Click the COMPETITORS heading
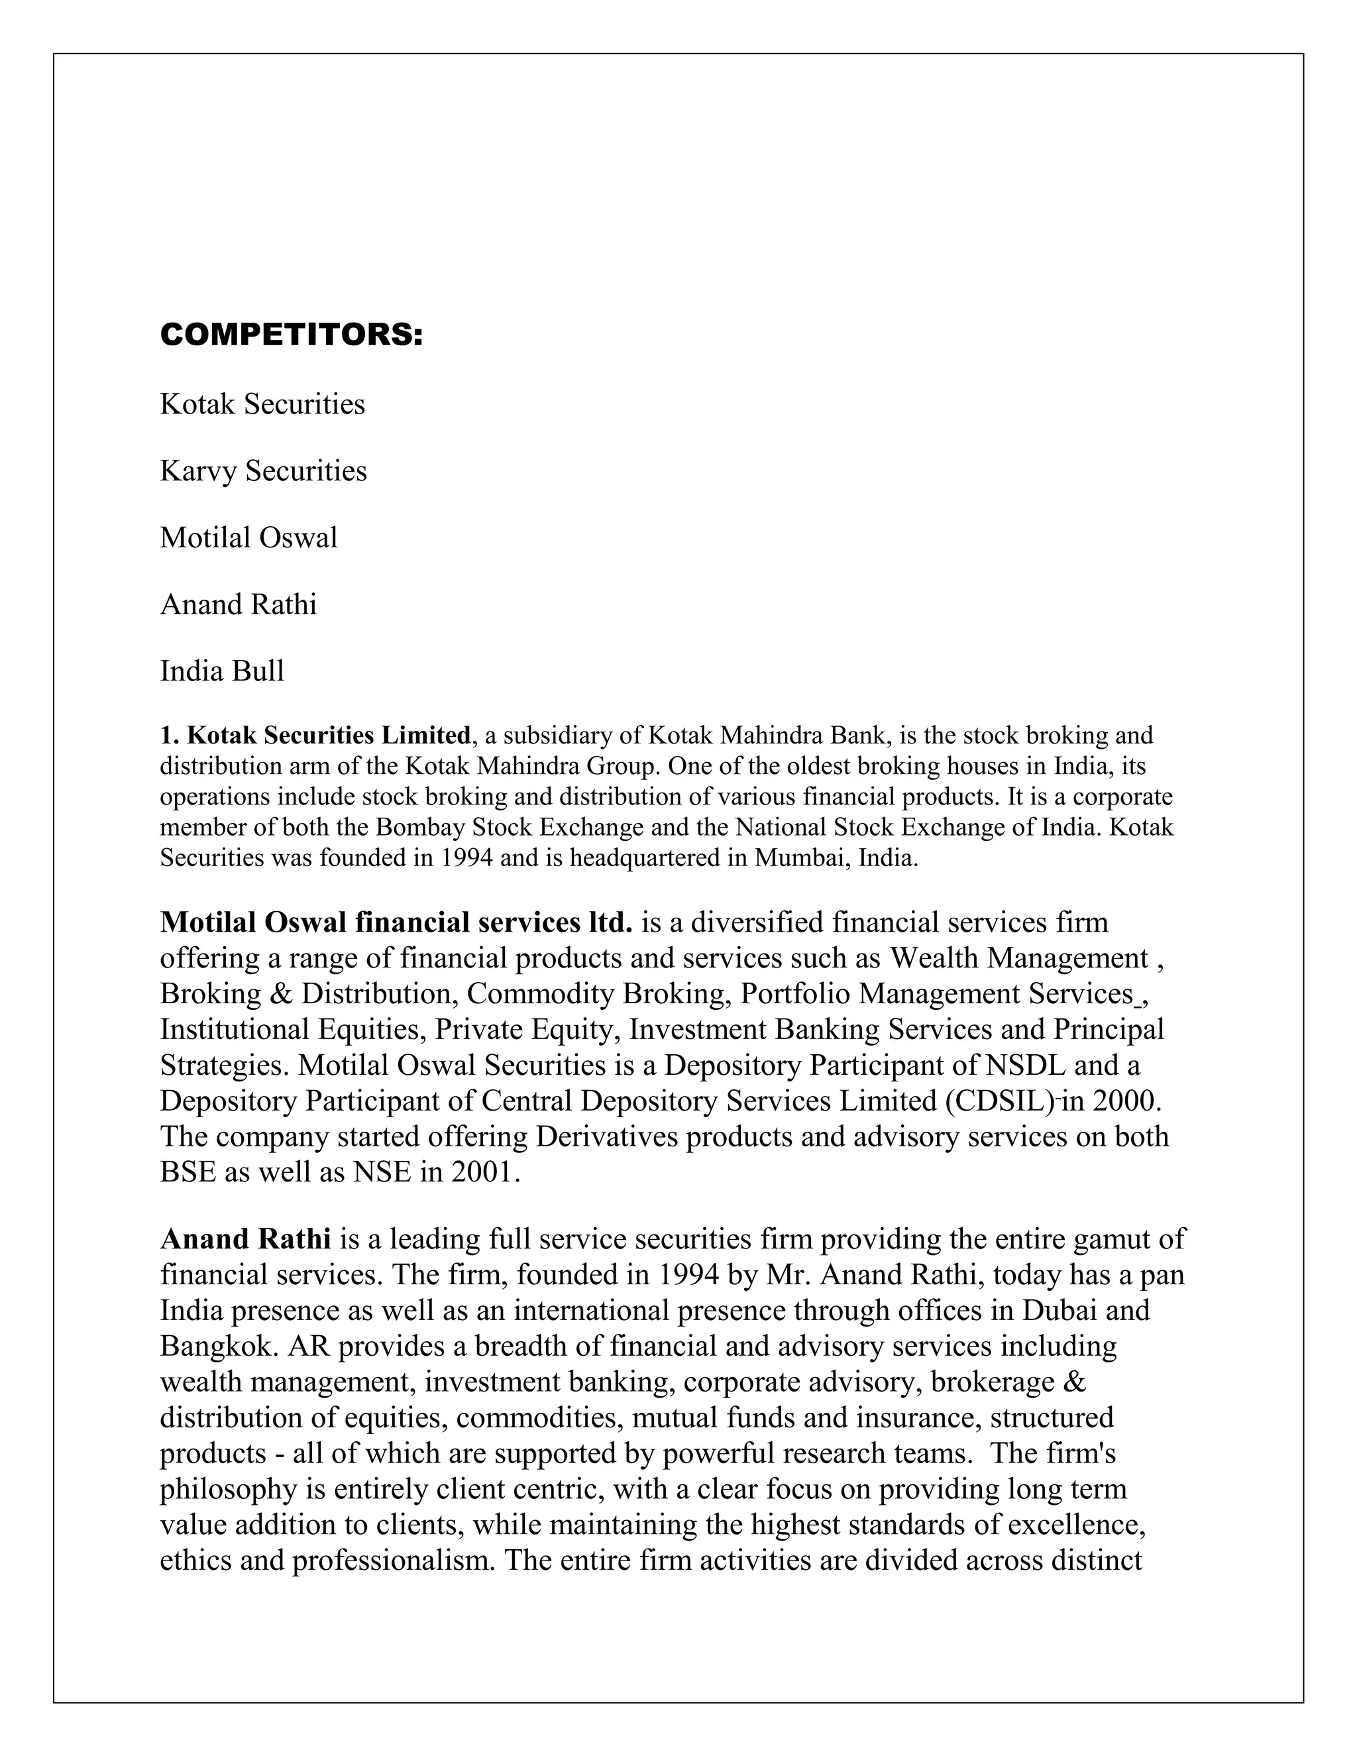(x=291, y=335)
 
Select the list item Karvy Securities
(x=263, y=470)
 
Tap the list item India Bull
(x=222, y=671)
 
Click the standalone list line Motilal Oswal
(x=248, y=537)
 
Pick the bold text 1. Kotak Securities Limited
(x=315, y=735)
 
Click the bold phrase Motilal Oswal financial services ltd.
(x=396, y=922)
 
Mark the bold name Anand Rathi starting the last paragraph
(x=245, y=1239)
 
